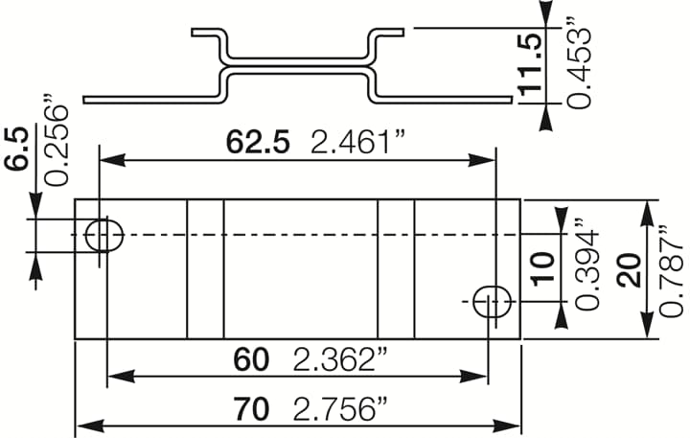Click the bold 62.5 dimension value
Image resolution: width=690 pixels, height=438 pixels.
258,143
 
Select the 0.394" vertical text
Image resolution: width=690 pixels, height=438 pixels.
585,269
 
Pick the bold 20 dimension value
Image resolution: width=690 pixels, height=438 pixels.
629,269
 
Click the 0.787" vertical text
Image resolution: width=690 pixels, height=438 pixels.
672,269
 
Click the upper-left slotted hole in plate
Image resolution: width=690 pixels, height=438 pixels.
103,234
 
